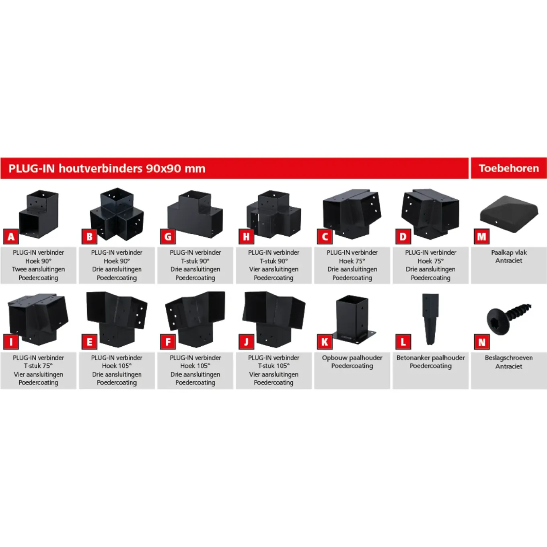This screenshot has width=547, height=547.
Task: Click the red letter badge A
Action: point(11,236)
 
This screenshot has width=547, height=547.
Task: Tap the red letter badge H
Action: point(246,236)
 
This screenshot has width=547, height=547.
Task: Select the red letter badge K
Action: point(325,342)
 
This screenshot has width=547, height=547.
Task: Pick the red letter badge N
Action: point(482,342)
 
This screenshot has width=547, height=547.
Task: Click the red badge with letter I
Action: point(11,342)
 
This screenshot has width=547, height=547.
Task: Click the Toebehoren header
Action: point(509,169)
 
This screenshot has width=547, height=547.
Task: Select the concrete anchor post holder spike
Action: point(430,319)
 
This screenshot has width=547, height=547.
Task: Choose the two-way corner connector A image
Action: point(39,214)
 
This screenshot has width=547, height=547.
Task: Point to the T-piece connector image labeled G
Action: point(195,214)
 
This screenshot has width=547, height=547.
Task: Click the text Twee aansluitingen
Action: point(38,269)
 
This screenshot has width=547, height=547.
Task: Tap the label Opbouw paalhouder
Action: point(352,358)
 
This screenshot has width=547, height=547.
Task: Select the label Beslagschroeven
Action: point(509,358)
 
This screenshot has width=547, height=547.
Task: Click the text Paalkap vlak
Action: point(509,252)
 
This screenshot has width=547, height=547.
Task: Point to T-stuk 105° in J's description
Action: point(273,366)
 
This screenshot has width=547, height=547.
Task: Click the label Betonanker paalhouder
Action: point(431,358)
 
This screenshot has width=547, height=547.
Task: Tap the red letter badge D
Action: point(403,236)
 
